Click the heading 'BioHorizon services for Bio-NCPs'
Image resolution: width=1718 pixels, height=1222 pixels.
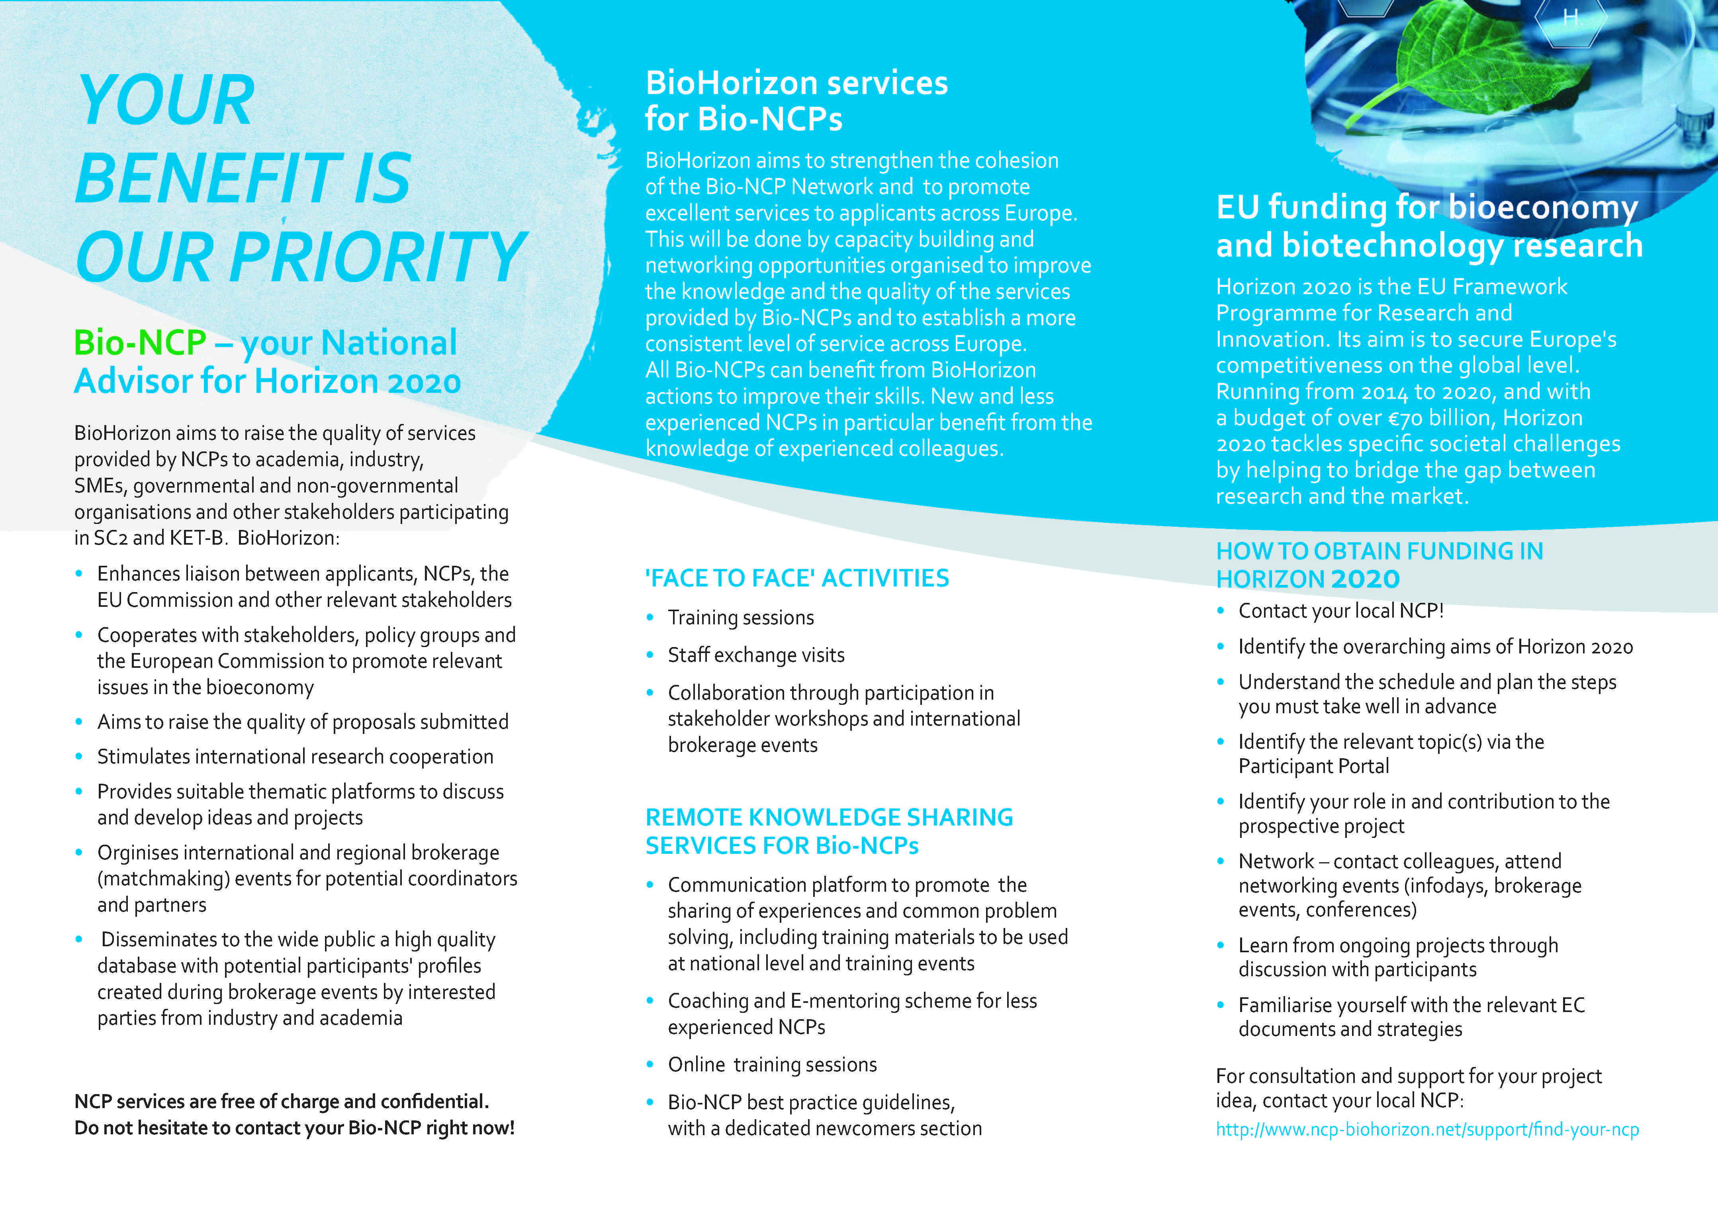click(x=796, y=101)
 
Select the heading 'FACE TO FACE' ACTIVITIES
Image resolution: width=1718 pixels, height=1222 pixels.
click(x=796, y=578)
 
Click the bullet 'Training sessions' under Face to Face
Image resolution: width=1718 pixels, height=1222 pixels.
click(x=740, y=617)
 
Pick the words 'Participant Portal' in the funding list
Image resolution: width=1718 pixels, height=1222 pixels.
click(x=1313, y=766)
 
